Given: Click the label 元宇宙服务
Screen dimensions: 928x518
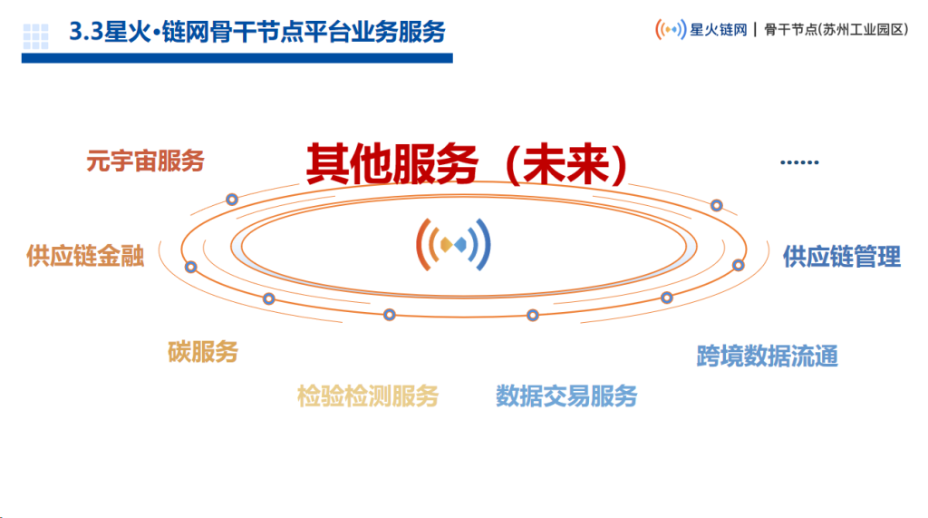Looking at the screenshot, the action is click(145, 161).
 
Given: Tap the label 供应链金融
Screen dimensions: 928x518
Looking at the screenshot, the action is click(85, 256).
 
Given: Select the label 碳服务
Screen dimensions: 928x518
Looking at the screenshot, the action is click(203, 352).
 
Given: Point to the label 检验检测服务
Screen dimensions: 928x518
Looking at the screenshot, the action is click(368, 396).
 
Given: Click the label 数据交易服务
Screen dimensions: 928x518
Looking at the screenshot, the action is click(566, 396).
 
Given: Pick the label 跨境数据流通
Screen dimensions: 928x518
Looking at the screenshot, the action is click(767, 357).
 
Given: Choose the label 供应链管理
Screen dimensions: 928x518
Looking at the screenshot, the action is click(842, 257).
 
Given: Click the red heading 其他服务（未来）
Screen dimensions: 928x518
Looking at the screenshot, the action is click(467, 164).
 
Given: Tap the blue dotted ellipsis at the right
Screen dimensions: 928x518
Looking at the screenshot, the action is click(799, 161).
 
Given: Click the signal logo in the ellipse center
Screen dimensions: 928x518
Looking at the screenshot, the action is click(453, 244).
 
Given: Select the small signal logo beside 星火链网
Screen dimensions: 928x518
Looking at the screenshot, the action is click(671, 29).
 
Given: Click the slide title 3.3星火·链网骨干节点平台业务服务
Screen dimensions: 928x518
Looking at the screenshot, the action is click(257, 32).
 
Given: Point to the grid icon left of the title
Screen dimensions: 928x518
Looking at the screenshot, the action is click(35, 36).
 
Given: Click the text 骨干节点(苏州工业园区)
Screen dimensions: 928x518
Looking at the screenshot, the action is click(836, 30).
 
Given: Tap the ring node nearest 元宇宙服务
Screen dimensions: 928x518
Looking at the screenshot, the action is click(232, 200).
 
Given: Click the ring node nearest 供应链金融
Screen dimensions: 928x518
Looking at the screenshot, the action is click(190, 268).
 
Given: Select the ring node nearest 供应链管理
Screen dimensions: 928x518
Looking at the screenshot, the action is click(738, 265).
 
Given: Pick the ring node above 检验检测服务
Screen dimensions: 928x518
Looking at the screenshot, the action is click(390, 315).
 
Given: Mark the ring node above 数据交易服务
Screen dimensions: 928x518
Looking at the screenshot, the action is click(533, 316).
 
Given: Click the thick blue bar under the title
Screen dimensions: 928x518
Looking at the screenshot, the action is click(237, 58).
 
